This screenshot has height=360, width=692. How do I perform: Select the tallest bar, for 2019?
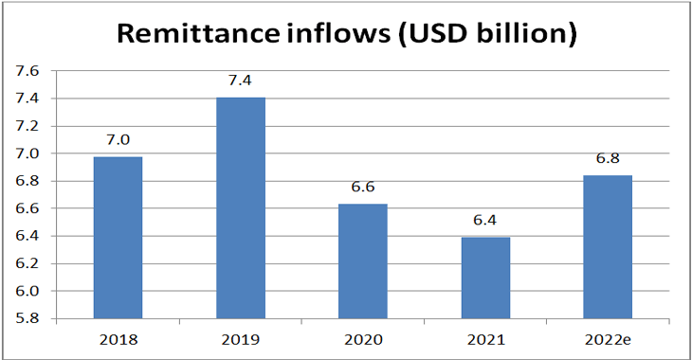point(241,207)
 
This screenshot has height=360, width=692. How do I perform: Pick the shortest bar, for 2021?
point(485,278)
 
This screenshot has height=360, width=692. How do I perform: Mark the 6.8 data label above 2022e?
point(607,158)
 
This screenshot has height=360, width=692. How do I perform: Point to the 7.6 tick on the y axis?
point(28,71)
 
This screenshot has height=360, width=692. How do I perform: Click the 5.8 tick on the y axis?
point(28,319)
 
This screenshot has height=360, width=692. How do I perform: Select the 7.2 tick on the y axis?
point(28,126)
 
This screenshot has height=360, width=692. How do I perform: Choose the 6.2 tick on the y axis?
point(28,264)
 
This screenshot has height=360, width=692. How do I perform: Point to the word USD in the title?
point(421,34)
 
